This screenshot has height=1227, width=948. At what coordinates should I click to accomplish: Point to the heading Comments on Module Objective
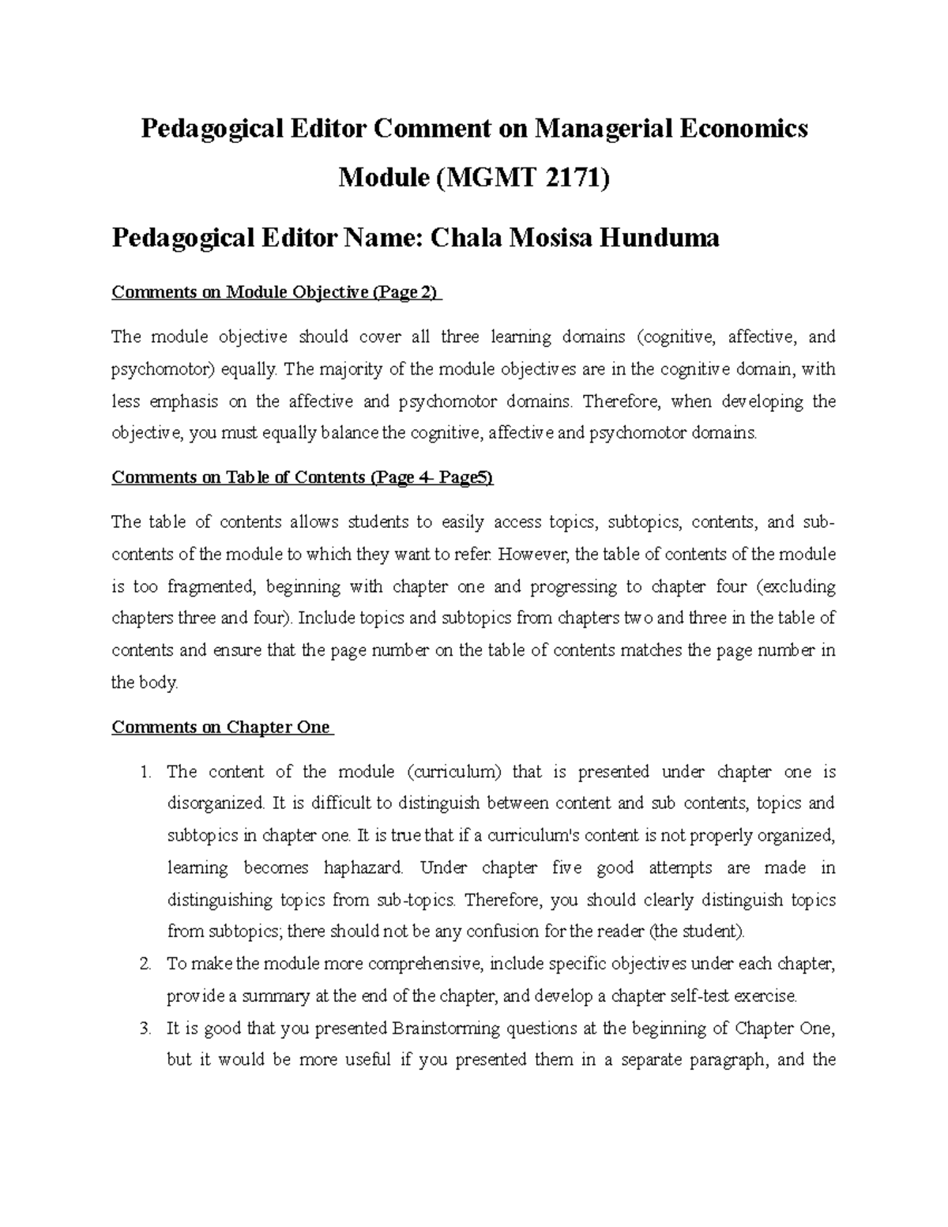point(276,292)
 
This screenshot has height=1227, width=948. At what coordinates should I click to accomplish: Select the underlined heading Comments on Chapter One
point(222,727)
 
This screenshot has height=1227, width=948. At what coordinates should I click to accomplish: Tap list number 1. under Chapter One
point(145,772)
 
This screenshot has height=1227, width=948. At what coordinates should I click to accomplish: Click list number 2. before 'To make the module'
point(145,964)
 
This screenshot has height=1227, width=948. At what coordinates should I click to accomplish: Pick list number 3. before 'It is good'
point(145,1029)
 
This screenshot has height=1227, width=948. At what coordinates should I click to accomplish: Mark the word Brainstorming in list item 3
point(446,1029)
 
